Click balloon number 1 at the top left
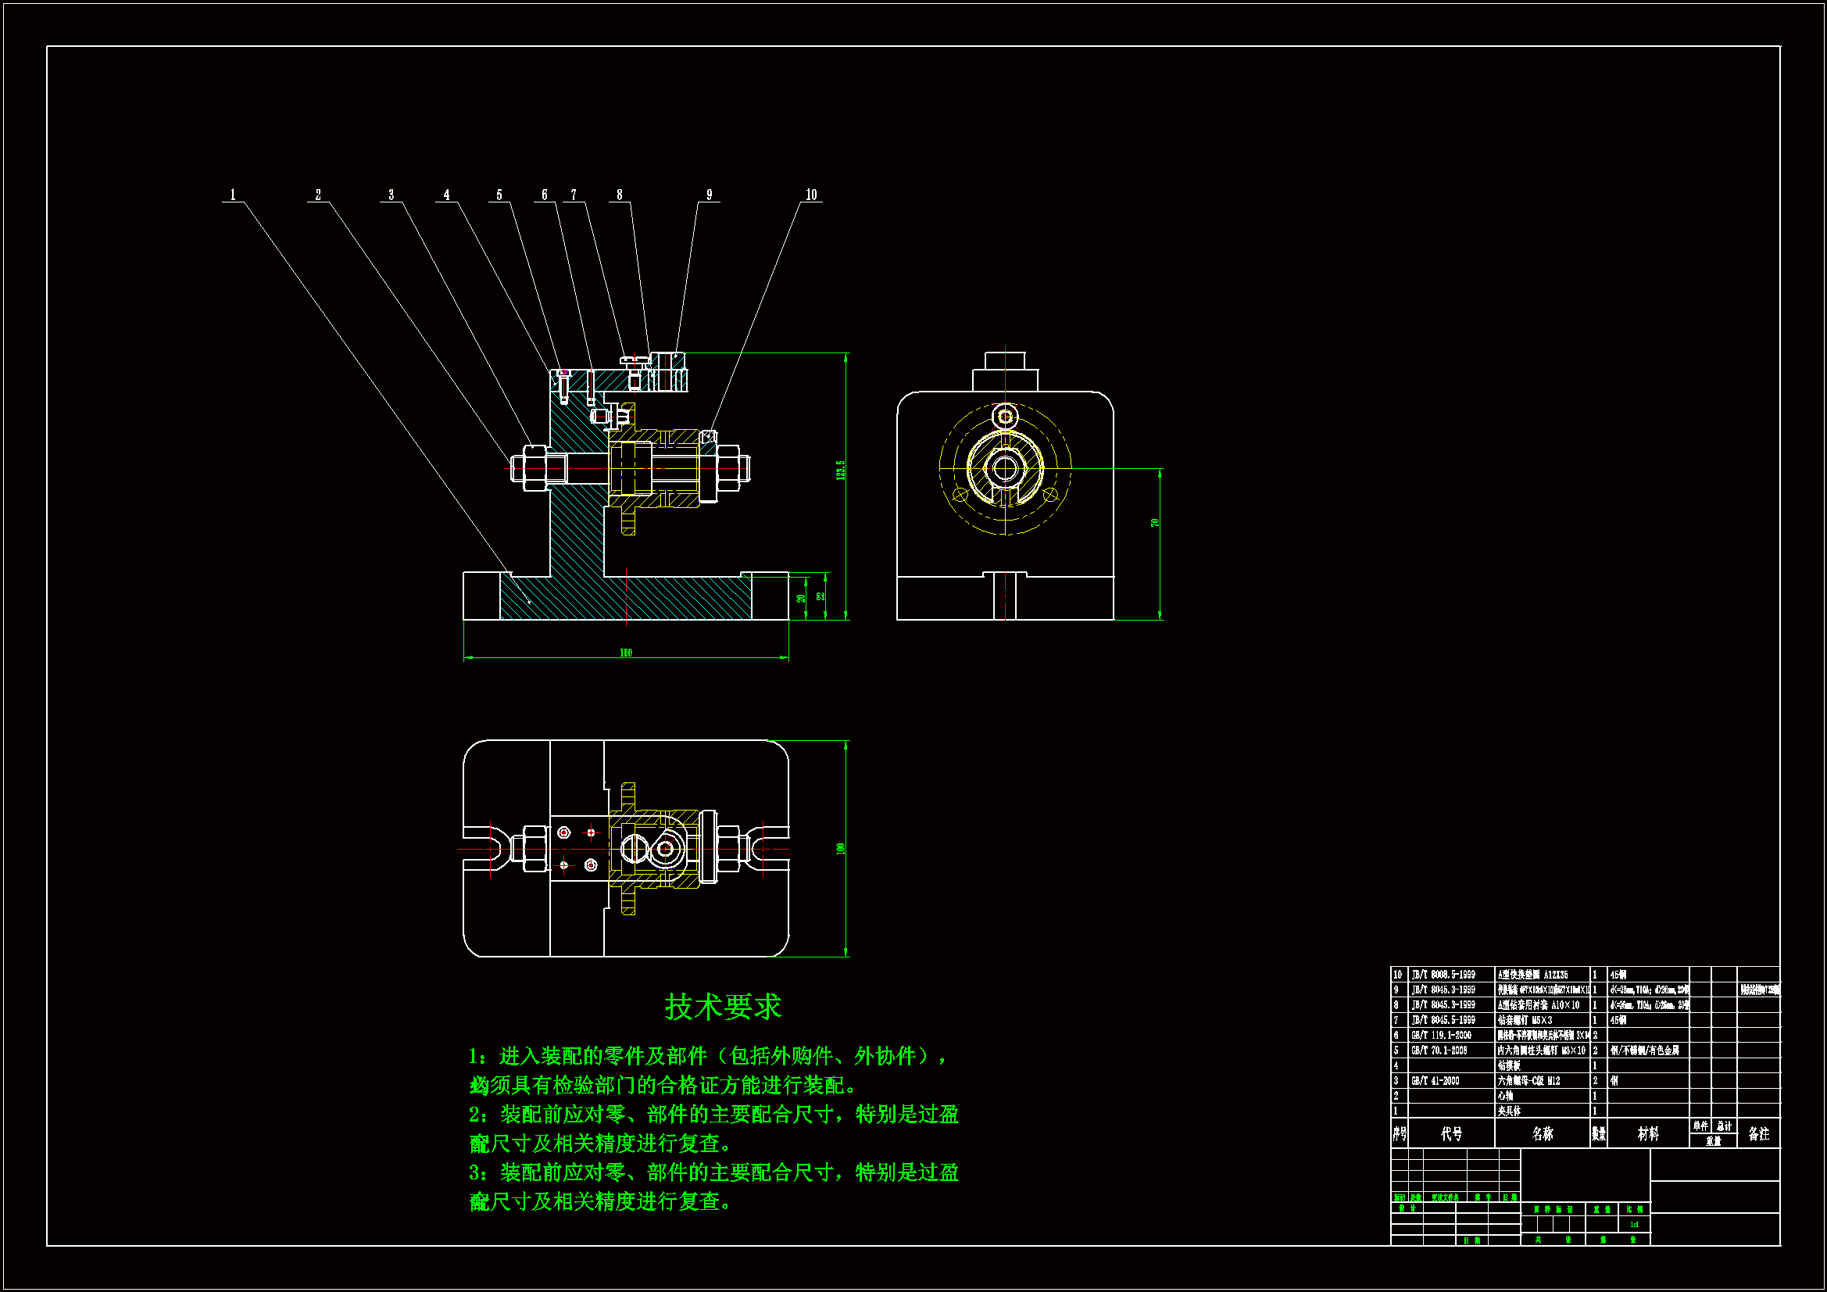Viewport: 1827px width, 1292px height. (233, 195)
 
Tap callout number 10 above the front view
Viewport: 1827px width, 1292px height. (811, 195)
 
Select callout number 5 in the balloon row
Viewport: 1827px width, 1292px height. (499, 195)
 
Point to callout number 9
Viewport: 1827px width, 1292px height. (709, 195)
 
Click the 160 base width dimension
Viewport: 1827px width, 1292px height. (625, 653)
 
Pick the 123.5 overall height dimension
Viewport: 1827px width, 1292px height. (840, 470)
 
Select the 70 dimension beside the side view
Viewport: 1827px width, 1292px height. (1155, 523)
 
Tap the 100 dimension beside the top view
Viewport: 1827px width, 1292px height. (840, 849)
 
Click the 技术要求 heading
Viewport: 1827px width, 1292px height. (723, 1007)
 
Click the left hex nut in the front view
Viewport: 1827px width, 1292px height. (533, 468)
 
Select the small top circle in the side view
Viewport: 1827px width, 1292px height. (1005, 417)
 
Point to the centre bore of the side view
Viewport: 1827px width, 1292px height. (1005, 468)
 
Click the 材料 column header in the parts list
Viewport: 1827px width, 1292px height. (1647, 1133)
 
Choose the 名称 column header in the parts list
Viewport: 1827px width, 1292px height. (1542, 1133)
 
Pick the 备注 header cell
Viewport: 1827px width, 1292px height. (1758, 1133)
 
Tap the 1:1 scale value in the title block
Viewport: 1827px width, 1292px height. (1634, 1224)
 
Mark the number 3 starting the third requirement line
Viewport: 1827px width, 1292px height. (474, 1172)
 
